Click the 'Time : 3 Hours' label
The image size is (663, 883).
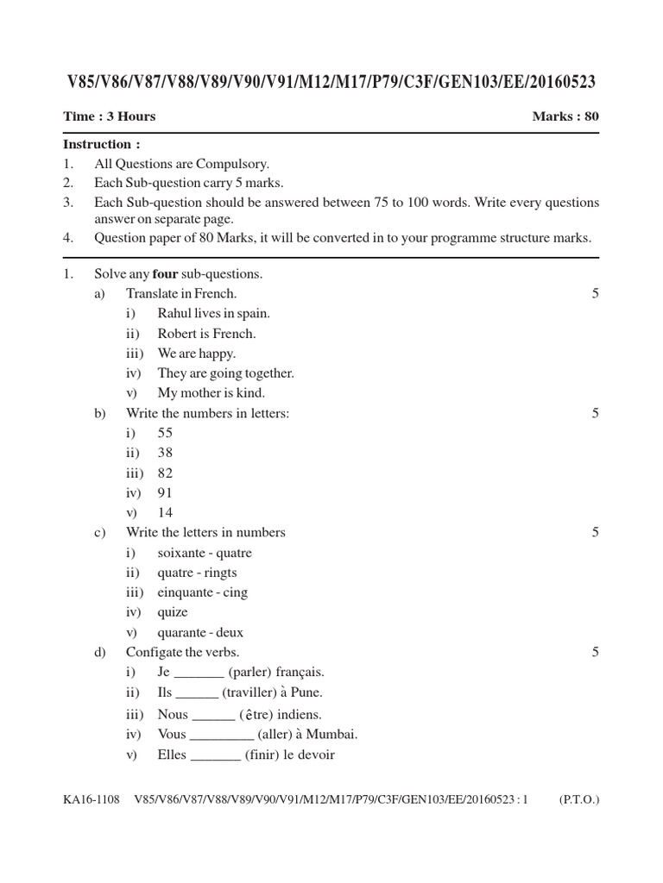pos(110,116)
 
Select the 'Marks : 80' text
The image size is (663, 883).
pos(565,116)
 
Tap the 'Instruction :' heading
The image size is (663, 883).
pos(101,144)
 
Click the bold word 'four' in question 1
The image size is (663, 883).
pos(165,274)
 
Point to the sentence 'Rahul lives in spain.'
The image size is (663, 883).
pos(213,314)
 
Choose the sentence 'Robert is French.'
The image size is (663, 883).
pos(206,334)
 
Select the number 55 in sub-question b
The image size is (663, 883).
pos(165,433)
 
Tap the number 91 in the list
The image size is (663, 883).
pos(165,492)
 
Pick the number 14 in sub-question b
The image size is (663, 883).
pos(165,512)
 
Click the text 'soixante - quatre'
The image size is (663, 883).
pos(205,553)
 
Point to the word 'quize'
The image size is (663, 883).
pos(173,612)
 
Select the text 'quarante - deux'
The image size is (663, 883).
pos(200,632)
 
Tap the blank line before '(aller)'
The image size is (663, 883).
pos(221,736)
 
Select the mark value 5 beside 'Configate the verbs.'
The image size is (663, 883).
pos(595,652)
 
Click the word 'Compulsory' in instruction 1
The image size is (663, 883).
pos(237,164)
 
